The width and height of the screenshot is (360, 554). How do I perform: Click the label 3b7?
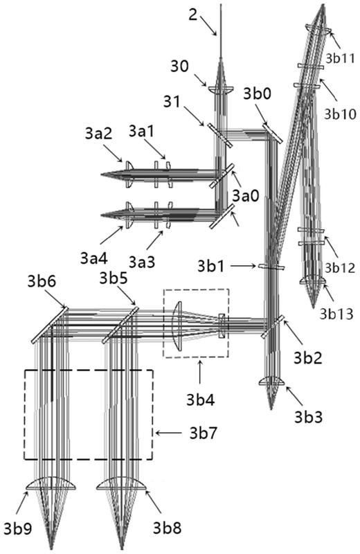[x=203, y=433]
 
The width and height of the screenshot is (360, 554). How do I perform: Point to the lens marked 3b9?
[x=51, y=485]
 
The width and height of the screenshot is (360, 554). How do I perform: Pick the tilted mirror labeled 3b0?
[x=272, y=133]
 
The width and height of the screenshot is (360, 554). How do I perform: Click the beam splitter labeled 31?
[x=219, y=135]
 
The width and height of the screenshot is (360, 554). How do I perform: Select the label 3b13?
[x=336, y=314]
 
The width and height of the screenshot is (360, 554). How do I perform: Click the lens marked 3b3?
[x=271, y=382]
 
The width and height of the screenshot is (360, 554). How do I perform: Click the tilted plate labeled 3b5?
[x=120, y=325]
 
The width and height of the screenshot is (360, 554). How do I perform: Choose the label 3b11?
[x=340, y=59]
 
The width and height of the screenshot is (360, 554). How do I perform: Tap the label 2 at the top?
[x=193, y=15]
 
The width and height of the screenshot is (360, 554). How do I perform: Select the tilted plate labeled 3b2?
[x=272, y=327]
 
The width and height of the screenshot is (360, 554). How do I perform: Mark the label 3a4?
[x=93, y=258]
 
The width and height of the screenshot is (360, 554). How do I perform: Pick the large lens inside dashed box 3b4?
[x=177, y=325]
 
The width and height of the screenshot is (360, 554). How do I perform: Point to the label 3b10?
[x=341, y=114]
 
